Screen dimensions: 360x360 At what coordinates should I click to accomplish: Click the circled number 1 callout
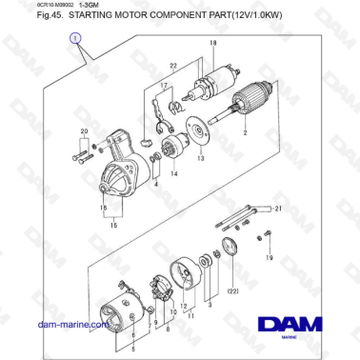click(x=75, y=38)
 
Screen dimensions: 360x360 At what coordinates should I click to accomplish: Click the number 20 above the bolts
click(x=83, y=129)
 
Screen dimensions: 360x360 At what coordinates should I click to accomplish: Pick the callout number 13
click(x=200, y=158)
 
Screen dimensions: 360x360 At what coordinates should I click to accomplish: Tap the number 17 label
click(x=163, y=85)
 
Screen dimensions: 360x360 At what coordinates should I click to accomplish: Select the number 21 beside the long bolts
click(x=278, y=208)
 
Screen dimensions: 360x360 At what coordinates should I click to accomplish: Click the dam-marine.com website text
click(x=72, y=325)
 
